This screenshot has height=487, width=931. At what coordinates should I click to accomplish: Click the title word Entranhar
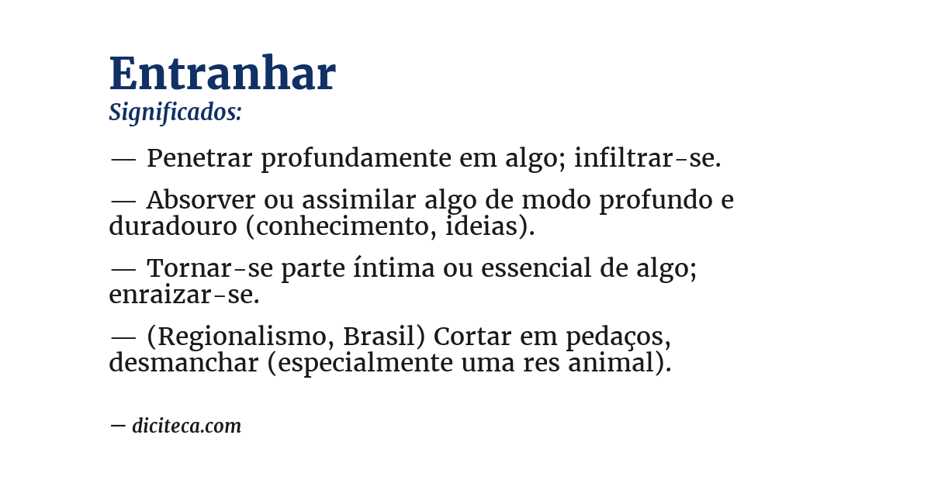pyautogui.click(x=222, y=74)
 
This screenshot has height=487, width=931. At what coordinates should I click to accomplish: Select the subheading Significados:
pyautogui.click(x=175, y=112)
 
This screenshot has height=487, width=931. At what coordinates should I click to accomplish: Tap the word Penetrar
pyautogui.click(x=199, y=158)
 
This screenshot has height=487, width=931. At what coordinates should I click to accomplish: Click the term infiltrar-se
pyautogui.click(x=648, y=158)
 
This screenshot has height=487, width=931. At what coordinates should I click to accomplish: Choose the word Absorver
pyautogui.click(x=201, y=200)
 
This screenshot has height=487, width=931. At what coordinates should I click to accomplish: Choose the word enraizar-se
pyautogui.click(x=184, y=295)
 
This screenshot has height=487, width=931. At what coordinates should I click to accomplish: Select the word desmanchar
pyautogui.click(x=183, y=363)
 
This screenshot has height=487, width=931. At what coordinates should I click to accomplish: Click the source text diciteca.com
pyautogui.click(x=186, y=426)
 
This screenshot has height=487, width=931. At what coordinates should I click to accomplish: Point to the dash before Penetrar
pyautogui.click(x=123, y=159)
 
